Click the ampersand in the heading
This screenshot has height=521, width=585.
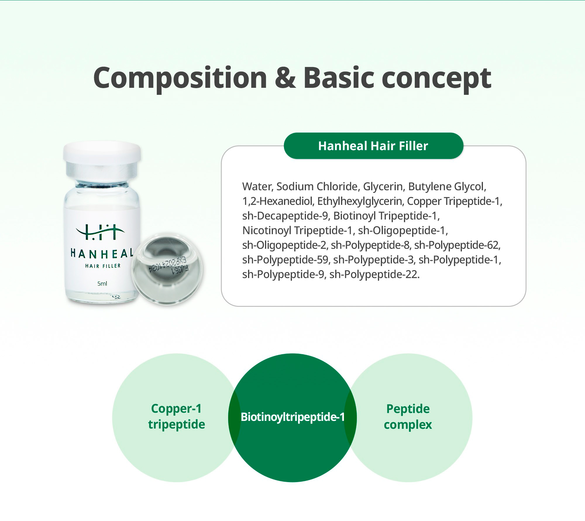[x=285, y=78]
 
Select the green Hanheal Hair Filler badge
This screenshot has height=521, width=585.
[x=373, y=146]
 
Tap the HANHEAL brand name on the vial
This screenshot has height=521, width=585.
[x=102, y=253]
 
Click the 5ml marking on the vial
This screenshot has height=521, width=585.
[x=102, y=283]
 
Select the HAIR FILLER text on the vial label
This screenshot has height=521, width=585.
[x=103, y=266]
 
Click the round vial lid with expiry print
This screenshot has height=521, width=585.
[x=167, y=269]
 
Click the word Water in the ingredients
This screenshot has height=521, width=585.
[x=258, y=186]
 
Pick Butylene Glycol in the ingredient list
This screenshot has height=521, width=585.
[x=447, y=187]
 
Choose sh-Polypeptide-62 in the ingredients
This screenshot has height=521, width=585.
[x=457, y=245]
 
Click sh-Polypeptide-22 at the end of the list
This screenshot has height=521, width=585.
[x=374, y=275]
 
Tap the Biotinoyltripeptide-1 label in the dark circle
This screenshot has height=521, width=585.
[x=292, y=417]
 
